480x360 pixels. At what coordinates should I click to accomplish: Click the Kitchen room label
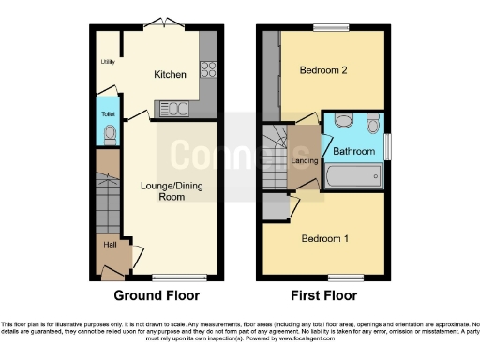[x=170, y=74]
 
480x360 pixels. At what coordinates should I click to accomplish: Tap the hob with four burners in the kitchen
[x=207, y=68]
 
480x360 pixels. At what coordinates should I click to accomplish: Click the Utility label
[x=107, y=63]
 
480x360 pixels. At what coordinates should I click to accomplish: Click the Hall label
[x=110, y=246]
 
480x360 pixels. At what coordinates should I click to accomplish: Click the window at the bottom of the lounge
[x=167, y=277]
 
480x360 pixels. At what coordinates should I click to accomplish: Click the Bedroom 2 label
[x=323, y=70]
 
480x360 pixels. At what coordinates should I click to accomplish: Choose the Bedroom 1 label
[x=324, y=238]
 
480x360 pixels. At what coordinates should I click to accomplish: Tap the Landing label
[x=305, y=160]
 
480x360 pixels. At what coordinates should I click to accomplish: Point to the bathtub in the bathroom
[x=353, y=175]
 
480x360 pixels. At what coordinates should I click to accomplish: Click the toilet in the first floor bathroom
[x=373, y=123]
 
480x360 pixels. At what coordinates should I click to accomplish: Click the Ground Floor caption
[x=157, y=295]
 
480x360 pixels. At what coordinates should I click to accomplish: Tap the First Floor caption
[x=323, y=295]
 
